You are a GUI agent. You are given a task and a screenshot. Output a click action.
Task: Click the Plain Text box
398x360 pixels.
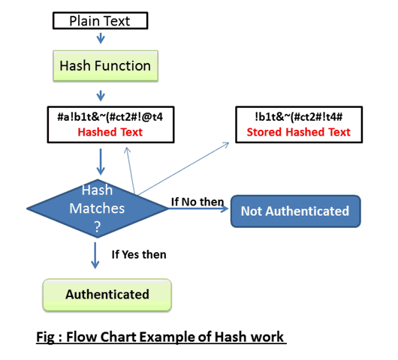(x=101, y=20)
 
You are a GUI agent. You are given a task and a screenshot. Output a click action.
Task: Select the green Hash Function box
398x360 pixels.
(x=106, y=66)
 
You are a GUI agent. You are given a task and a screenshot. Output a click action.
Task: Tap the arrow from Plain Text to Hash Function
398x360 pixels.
(x=101, y=38)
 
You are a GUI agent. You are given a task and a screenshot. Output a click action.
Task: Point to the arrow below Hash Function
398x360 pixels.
(x=101, y=96)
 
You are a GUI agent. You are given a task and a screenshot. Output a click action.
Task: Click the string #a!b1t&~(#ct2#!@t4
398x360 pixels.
(x=110, y=117)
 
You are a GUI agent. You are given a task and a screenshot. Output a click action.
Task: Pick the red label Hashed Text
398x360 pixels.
(x=110, y=132)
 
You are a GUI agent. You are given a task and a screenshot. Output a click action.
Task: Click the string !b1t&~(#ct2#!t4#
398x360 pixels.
(x=299, y=117)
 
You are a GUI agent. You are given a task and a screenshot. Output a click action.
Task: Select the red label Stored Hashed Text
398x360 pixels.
(x=299, y=132)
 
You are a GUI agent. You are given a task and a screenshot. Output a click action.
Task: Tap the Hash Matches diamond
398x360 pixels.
(x=98, y=208)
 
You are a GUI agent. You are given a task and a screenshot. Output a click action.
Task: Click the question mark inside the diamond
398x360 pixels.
(x=98, y=227)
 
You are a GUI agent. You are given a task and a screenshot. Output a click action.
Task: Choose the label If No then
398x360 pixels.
(x=197, y=202)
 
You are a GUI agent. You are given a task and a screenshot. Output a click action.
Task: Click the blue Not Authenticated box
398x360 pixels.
(x=296, y=211)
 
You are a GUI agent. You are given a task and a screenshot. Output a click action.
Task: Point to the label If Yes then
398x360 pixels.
(x=139, y=254)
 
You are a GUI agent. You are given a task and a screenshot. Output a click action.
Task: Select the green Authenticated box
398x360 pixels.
(x=107, y=295)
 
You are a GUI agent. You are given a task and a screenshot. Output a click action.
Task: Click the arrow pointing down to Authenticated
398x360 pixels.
(x=95, y=255)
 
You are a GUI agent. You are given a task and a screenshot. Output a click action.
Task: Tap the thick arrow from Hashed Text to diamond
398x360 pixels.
(x=101, y=162)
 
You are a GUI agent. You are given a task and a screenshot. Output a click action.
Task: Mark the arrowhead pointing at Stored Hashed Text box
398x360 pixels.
(x=226, y=145)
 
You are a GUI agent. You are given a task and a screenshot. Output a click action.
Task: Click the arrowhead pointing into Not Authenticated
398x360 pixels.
(x=225, y=208)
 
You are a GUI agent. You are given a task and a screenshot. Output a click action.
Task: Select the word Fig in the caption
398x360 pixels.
(x=45, y=337)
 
